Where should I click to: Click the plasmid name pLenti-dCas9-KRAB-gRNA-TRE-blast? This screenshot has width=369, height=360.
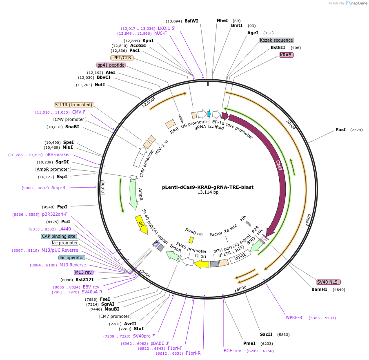[x=207, y=187]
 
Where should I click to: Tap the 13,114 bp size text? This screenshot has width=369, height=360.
[x=207, y=192]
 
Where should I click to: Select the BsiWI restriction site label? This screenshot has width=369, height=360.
[x=191, y=21]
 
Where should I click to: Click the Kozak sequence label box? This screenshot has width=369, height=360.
[x=276, y=40]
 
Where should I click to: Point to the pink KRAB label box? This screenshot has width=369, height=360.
[x=286, y=55]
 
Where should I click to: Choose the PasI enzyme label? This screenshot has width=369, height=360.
[x=340, y=130]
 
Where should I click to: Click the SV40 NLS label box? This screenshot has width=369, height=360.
[x=328, y=282]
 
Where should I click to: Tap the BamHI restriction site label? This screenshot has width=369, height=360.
[x=319, y=289]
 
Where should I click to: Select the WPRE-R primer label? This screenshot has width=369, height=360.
[x=294, y=318]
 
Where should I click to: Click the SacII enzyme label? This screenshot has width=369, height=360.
[x=266, y=334]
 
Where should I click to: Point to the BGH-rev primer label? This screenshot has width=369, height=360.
[x=232, y=351]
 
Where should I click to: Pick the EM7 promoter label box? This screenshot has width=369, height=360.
[x=115, y=316]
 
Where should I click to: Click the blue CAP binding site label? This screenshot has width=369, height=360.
[x=59, y=236]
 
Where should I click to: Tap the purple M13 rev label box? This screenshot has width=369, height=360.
[x=83, y=272]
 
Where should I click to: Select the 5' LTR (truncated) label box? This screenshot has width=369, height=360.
[x=74, y=105]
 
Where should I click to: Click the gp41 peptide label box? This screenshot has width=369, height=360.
[x=111, y=65]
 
